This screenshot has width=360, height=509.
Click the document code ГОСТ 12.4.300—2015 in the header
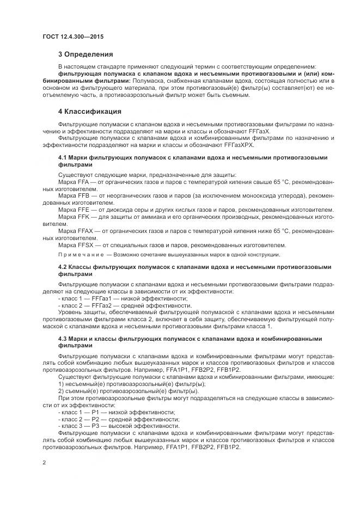pos(72,36)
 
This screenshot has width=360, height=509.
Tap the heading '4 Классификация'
pos(89,112)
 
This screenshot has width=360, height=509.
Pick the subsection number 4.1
pos(62,157)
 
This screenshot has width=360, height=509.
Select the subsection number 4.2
pos(62,267)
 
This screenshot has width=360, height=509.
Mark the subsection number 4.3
pos(62,339)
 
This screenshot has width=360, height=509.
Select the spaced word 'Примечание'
pos(81,254)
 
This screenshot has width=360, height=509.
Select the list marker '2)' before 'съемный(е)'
pos(60,391)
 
